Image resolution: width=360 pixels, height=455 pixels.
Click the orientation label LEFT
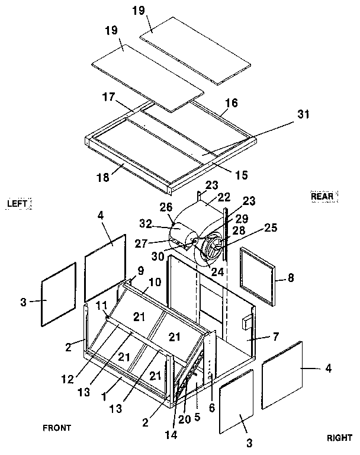(17, 203)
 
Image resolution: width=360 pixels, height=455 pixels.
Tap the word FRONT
(57, 427)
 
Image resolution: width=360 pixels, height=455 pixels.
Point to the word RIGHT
(339, 438)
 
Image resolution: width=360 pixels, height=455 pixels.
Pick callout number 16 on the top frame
(231, 102)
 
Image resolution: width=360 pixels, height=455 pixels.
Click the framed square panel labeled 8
(259, 275)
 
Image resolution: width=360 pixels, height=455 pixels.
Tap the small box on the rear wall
(244, 323)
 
